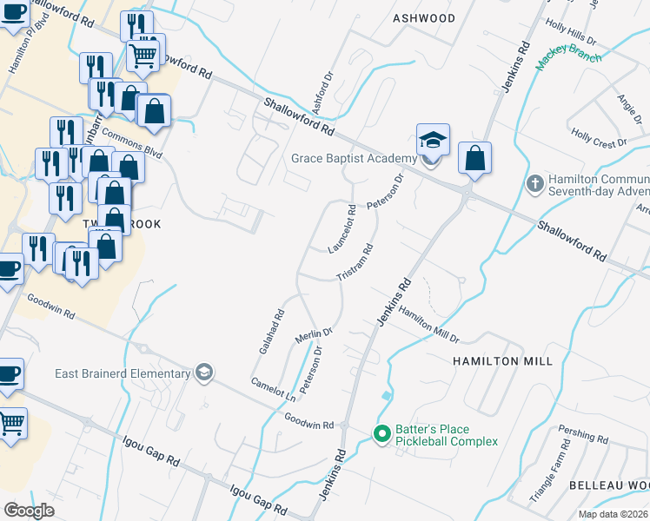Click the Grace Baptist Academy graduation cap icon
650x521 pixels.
(432, 139)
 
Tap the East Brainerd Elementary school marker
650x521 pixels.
(203, 373)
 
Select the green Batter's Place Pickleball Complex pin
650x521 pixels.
(381, 432)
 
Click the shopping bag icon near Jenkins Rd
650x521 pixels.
(474, 159)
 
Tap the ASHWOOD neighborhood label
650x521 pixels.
(423, 17)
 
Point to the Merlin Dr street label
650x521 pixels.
(315, 334)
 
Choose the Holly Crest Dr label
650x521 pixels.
(599, 138)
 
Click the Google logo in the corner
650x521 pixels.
(30, 510)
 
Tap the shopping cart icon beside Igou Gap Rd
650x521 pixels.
(11, 425)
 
